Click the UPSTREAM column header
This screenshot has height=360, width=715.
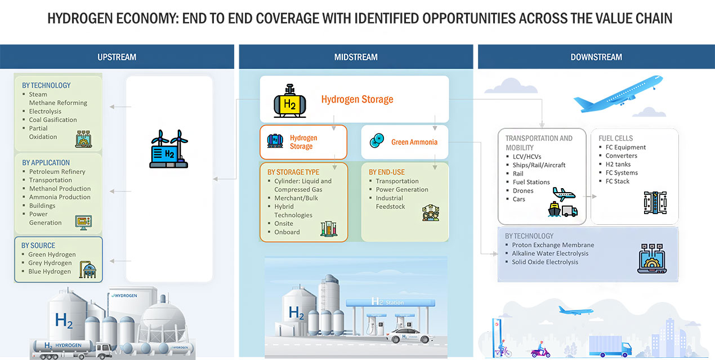tap(117, 57)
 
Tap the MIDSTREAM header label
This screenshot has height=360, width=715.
tap(356, 57)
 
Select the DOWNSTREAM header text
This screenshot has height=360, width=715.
tap(596, 57)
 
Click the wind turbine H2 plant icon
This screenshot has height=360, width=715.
tap(169, 149)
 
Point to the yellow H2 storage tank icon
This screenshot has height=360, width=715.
tap(290, 101)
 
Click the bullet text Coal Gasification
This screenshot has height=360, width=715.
tap(53, 120)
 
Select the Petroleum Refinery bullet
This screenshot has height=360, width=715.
tap(57, 171)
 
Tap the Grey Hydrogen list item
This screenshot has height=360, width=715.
tap(50, 263)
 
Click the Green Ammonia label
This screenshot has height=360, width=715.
tap(414, 142)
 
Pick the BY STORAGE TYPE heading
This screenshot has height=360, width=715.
tap(293, 172)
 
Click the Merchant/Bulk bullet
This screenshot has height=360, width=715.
tap(296, 198)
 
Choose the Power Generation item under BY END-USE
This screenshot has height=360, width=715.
tap(402, 189)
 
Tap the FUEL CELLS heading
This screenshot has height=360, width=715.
tap(616, 139)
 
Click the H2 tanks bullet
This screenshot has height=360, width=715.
tap(618, 164)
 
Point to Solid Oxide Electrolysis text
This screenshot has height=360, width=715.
tap(545, 262)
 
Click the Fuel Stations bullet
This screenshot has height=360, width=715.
tap(531, 182)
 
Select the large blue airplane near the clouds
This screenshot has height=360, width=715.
tap(618, 94)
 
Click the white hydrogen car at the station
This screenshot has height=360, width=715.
tap(409, 336)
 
